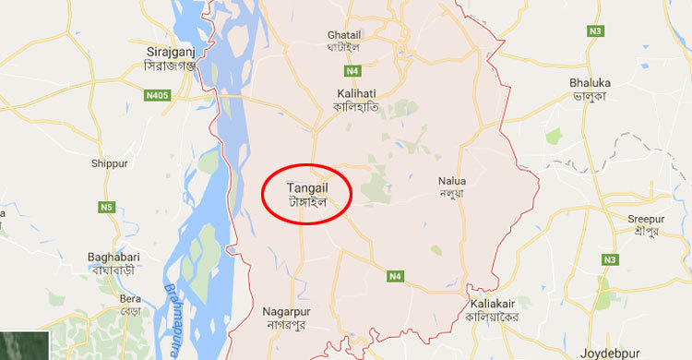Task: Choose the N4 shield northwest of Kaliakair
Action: tap(396, 276)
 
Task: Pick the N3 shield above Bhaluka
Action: tap(595, 30)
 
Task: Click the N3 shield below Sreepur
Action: tap(609, 260)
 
